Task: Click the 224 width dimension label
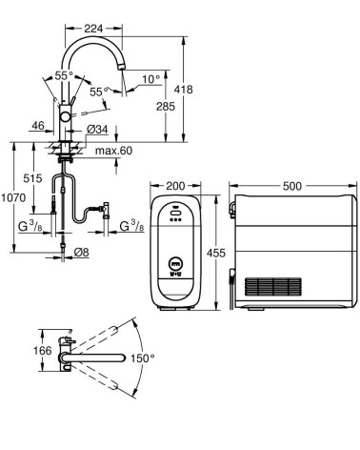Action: (x=93, y=29)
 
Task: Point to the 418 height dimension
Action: (x=183, y=90)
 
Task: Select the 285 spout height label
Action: (x=166, y=106)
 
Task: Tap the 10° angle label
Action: (x=150, y=79)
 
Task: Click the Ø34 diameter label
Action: (x=97, y=130)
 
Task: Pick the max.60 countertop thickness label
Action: (x=114, y=151)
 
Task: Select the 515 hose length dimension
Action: (x=32, y=178)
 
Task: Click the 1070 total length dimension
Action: (x=13, y=198)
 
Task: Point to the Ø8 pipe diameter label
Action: (x=81, y=253)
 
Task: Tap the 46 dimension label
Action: (x=38, y=126)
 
